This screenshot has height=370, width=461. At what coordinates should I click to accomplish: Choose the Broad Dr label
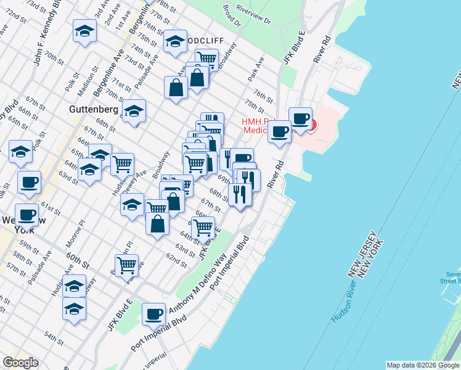[232, 17]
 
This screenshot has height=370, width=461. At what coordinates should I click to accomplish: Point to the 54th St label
[54, 339]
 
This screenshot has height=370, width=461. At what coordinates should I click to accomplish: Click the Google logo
[20, 363]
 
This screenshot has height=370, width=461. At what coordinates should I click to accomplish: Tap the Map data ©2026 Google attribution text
[423, 365]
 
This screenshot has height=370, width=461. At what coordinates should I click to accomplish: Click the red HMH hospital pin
[311, 126]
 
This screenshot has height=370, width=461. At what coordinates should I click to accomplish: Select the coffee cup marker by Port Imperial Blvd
[153, 313]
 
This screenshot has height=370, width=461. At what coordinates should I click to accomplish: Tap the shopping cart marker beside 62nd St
[127, 265]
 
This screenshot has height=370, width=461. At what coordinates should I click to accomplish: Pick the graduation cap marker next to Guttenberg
[134, 112]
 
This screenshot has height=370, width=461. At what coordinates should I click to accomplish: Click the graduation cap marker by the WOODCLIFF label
[175, 41]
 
